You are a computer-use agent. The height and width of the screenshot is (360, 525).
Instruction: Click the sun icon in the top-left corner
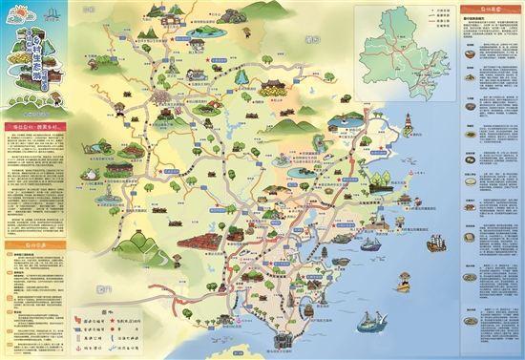12,12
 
